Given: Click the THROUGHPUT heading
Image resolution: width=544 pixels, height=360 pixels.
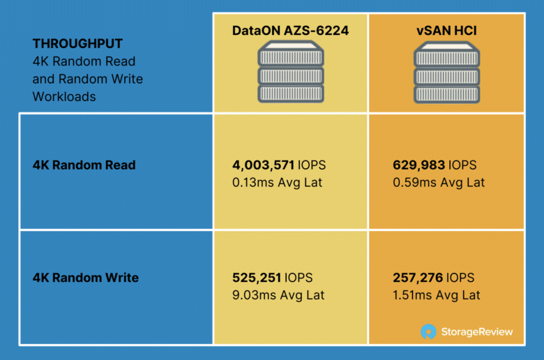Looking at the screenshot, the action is (77, 44).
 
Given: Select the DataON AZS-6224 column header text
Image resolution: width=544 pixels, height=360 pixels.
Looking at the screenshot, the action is (290, 31).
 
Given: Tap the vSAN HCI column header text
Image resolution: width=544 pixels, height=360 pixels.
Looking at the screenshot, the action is (446, 31).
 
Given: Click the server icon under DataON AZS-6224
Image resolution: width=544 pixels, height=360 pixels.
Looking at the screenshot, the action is (291, 72).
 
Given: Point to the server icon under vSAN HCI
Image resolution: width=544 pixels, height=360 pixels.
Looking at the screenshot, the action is (447, 72).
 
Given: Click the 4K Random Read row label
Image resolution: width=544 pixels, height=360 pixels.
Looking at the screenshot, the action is (84, 165).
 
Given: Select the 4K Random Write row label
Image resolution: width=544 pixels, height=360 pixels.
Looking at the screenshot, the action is (86, 278).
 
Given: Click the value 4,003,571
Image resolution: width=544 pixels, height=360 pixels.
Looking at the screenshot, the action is (264, 165).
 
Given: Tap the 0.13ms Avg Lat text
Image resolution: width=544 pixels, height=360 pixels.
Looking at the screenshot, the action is (277, 183).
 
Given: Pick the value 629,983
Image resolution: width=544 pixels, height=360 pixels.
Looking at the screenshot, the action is (418, 165).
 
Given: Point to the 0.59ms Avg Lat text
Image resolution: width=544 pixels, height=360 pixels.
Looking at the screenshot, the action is (439, 183).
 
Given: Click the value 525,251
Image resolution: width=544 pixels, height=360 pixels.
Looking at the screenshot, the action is (257, 278).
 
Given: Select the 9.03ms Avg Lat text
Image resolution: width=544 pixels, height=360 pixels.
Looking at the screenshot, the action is (278, 295).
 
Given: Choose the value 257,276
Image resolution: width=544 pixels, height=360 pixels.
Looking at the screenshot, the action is (418, 278).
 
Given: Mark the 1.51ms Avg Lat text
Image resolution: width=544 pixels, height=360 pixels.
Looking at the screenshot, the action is (437, 295).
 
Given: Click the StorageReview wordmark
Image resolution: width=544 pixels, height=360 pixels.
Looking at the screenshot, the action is (477, 332).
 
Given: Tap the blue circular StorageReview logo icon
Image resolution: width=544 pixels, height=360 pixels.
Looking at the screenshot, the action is (428, 331).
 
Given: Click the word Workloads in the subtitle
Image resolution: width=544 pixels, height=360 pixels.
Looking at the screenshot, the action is (64, 97).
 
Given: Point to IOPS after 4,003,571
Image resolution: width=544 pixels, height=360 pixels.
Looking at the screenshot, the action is (312, 165).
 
